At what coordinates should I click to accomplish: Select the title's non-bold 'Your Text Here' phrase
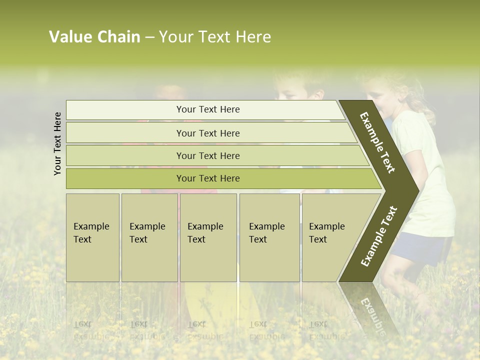[215, 37]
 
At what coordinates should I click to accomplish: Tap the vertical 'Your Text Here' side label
[57, 143]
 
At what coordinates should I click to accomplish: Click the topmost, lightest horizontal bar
[207, 109]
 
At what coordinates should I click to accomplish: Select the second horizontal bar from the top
[207, 133]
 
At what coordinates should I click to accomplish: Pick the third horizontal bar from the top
[207, 155]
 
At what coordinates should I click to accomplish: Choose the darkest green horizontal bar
[207, 178]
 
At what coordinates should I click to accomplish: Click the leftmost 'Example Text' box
[92, 237]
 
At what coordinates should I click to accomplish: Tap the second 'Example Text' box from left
[149, 237]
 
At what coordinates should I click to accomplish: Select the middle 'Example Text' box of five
[208, 237]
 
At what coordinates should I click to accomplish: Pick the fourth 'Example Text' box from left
[269, 237]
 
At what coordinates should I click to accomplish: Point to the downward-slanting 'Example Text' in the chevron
[377, 142]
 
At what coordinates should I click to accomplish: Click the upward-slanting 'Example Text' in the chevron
[379, 236]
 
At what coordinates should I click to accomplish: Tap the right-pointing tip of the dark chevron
[415, 190]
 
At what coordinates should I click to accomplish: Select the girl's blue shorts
[422, 250]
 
